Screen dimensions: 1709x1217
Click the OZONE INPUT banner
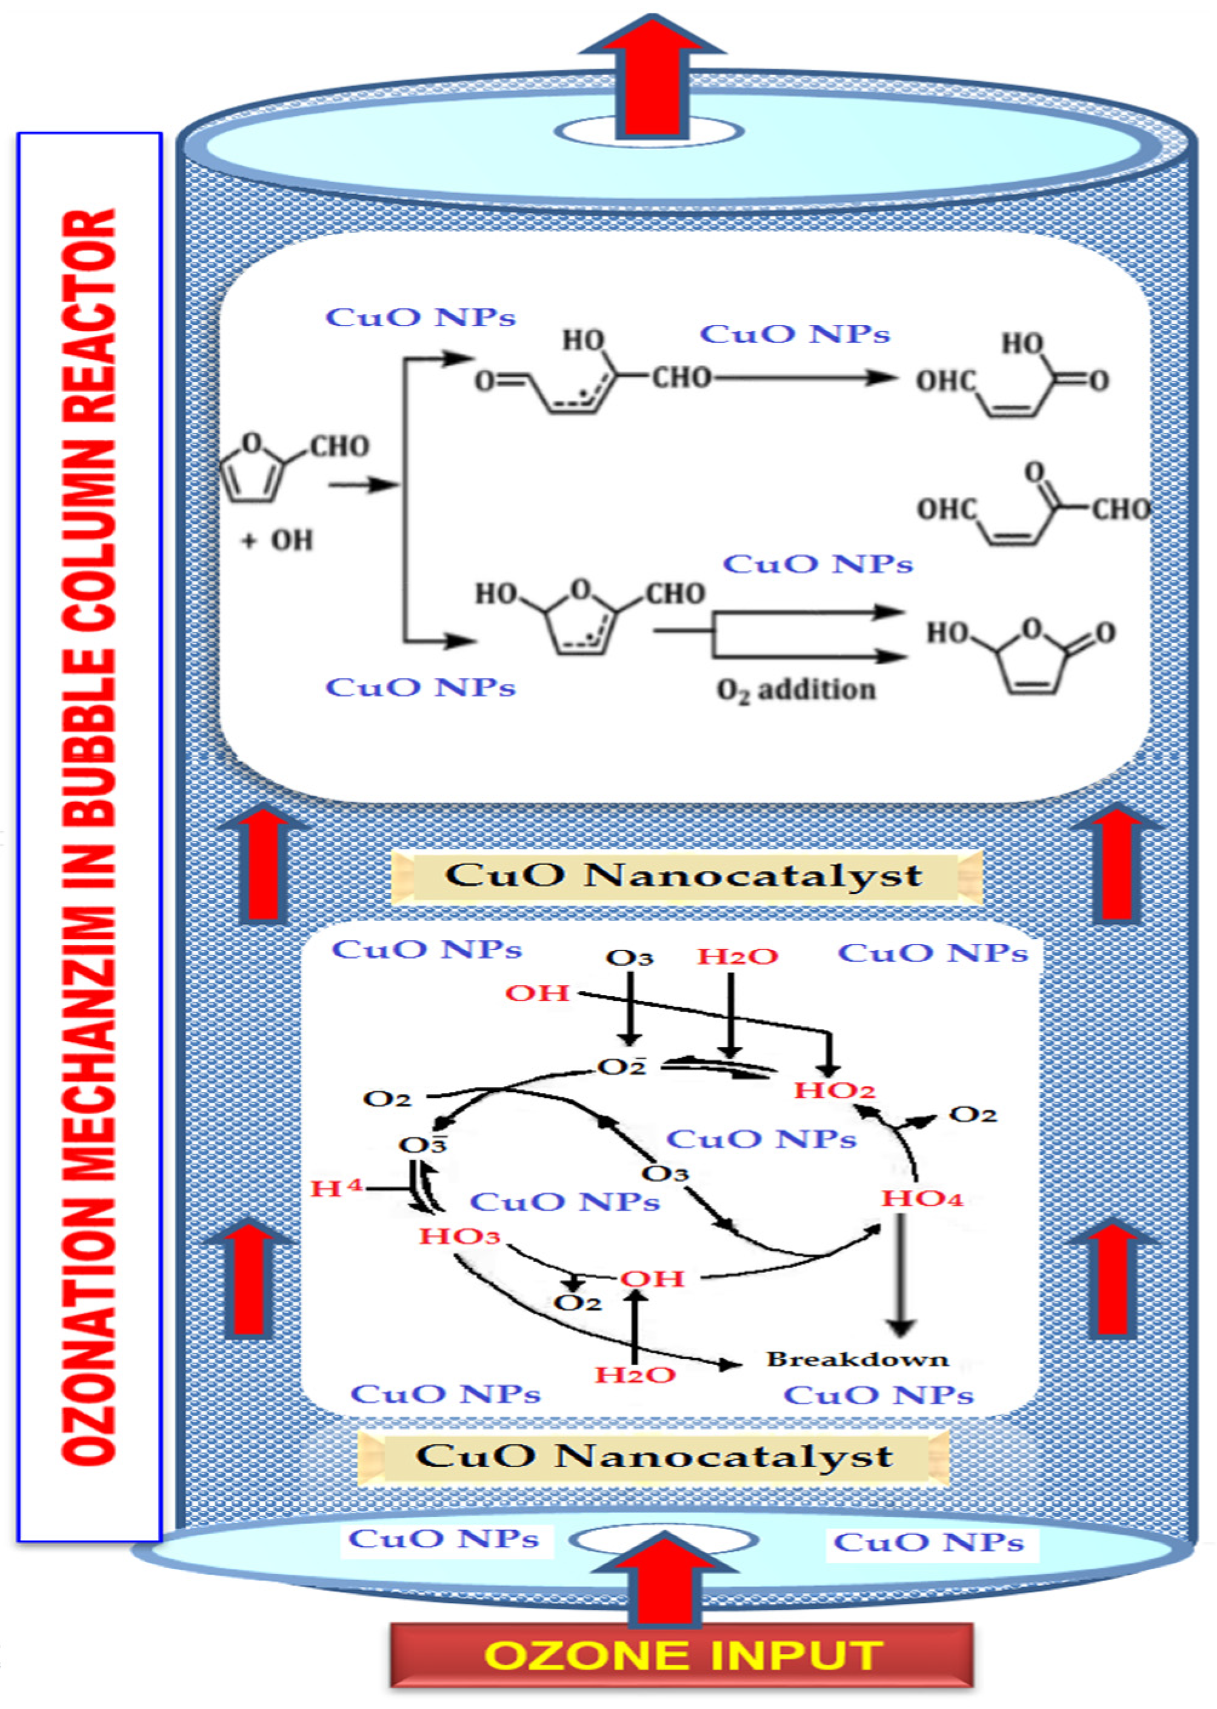click(x=681, y=1655)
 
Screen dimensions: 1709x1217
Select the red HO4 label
click(x=921, y=1198)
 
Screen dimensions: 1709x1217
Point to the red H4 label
click(x=336, y=1188)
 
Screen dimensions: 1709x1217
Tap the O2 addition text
click(x=796, y=689)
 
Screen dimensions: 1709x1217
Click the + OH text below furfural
click(x=277, y=540)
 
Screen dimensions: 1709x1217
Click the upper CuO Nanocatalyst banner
click(x=684, y=875)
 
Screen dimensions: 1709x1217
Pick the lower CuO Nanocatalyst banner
click(x=654, y=1456)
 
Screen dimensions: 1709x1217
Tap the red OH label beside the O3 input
click(x=538, y=993)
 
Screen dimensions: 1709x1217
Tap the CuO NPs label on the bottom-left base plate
click(x=444, y=1539)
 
